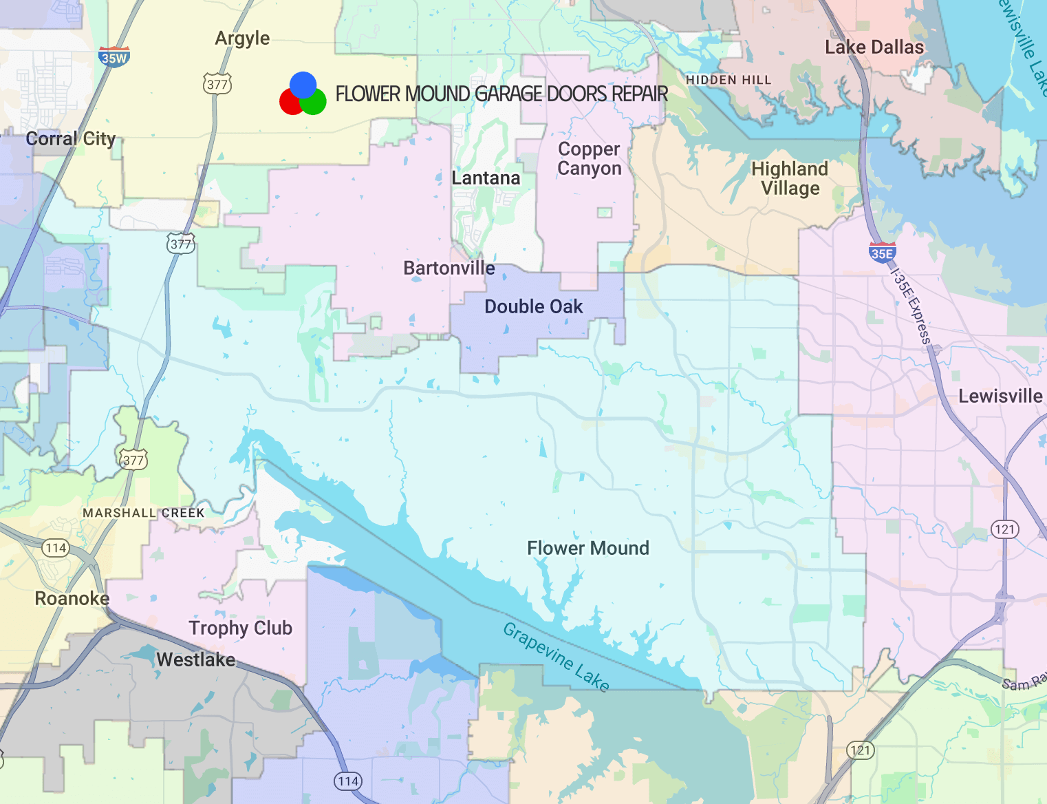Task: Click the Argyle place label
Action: [x=242, y=39]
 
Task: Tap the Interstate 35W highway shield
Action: [x=114, y=57]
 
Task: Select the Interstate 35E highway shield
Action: [x=882, y=253]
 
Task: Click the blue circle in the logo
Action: [x=303, y=84]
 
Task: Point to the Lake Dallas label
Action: [x=874, y=47]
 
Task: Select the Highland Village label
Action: [x=790, y=178]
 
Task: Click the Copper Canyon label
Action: [x=589, y=159]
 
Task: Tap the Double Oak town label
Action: [x=533, y=307]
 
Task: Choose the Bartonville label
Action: [x=449, y=268]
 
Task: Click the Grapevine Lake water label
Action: [x=556, y=657]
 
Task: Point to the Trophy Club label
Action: [x=240, y=628]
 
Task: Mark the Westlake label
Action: [x=195, y=660]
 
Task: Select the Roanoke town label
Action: [x=72, y=599]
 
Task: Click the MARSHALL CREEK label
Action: [x=144, y=513]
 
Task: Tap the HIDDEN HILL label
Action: [x=728, y=80]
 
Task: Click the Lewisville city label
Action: [x=1000, y=396]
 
